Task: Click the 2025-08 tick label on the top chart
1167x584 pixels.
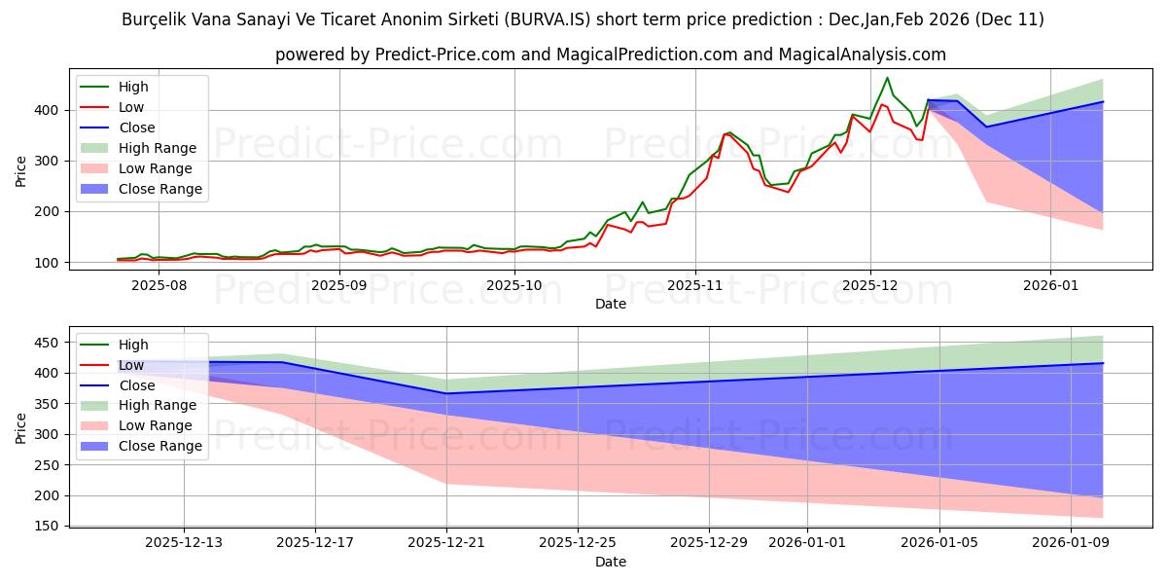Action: tap(159, 285)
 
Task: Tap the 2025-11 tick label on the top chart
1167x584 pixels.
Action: tap(694, 285)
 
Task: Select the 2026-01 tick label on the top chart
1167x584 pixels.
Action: tap(1050, 285)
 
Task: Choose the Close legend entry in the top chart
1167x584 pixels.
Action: tap(136, 128)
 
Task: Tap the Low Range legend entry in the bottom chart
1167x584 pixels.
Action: tap(156, 425)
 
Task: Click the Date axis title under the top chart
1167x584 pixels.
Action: tap(610, 304)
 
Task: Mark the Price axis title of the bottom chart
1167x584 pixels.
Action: tap(20, 425)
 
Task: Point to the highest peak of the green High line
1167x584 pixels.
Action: tap(887, 78)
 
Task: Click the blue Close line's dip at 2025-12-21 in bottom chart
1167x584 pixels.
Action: tap(446, 393)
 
